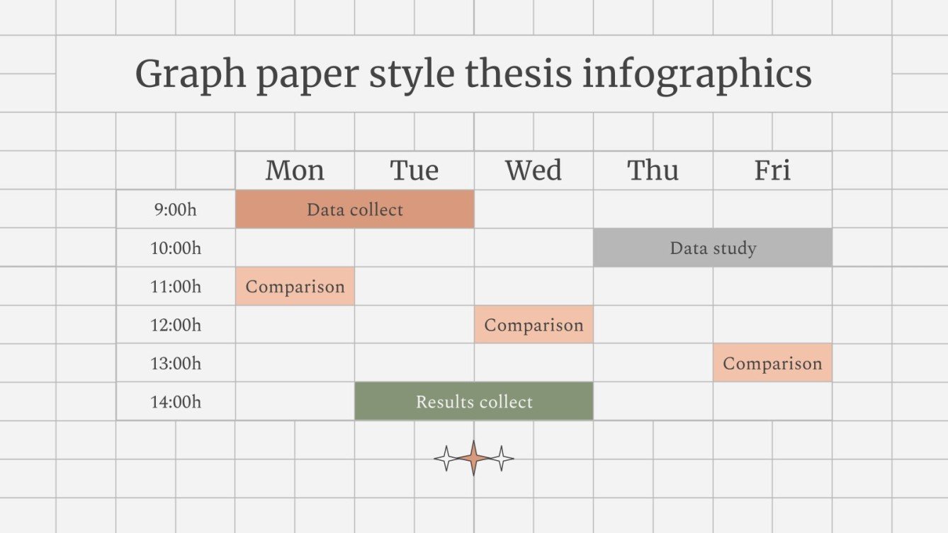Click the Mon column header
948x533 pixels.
tap(295, 171)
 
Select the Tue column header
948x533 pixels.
tap(414, 171)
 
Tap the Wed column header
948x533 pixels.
tap(534, 171)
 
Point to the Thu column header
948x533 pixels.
tap(653, 171)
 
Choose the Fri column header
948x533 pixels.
tap(772, 171)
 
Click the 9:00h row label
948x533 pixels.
tap(176, 210)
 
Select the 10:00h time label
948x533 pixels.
tap(176, 248)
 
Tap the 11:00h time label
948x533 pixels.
tap(176, 287)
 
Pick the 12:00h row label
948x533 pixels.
tap(176, 325)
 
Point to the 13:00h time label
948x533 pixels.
tap(176, 363)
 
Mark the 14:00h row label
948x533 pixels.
tap(176, 402)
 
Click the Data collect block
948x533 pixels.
tap(354, 210)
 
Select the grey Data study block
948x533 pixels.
tap(713, 248)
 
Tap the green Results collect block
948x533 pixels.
tap(474, 401)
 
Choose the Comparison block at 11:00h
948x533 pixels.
tap(295, 287)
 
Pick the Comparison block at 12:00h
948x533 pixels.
tap(534, 325)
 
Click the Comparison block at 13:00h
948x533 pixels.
tap(772, 363)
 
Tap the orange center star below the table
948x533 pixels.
tap(474, 459)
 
